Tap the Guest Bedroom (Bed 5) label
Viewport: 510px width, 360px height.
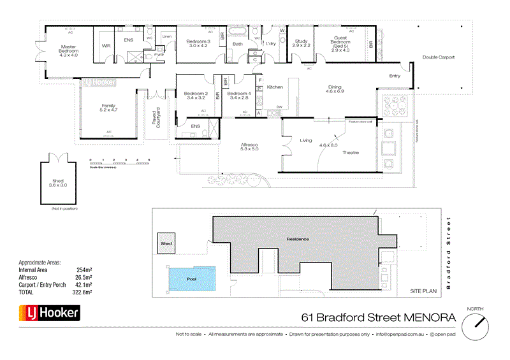click(x=340, y=42)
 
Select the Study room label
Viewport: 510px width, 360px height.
click(x=301, y=42)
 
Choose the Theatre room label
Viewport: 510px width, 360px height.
click(x=351, y=152)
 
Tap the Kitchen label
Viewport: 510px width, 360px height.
click(x=275, y=87)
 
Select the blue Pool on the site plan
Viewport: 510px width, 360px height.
click(x=192, y=279)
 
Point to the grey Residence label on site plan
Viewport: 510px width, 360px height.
click(x=297, y=239)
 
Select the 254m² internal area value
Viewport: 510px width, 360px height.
click(x=85, y=270)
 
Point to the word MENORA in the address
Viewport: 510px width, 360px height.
click(x=424, y=317)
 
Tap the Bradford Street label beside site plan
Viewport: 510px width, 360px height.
click(x=448, y=253)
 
